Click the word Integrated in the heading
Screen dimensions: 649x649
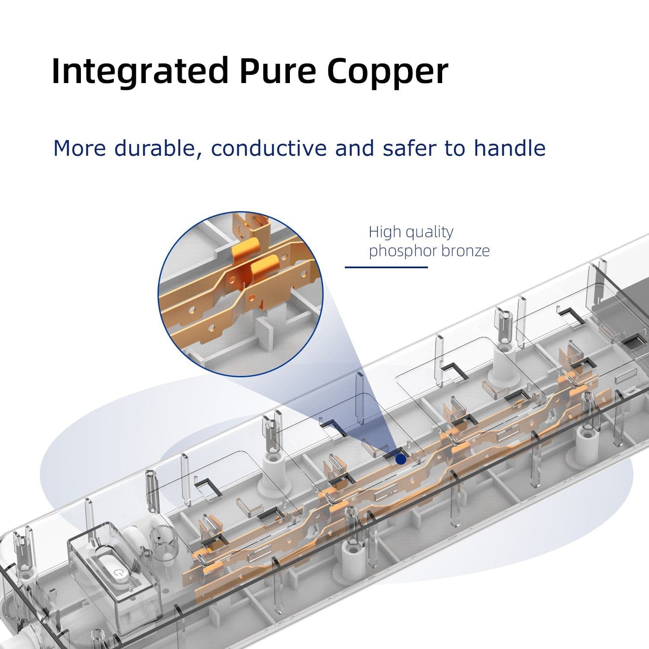[139, 71]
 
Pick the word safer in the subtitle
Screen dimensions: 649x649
[410, 148]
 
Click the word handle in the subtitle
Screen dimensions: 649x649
[509, 148]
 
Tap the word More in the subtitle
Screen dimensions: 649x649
[79, 148]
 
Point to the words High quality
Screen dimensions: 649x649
[411, 232]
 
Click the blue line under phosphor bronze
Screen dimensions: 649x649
[386, 267]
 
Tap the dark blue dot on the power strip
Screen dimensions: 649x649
[401, 459]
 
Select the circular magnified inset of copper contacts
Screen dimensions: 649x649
[241, 294]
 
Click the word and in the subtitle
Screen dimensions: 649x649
[354, 148]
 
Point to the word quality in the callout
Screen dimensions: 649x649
[430, 232]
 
